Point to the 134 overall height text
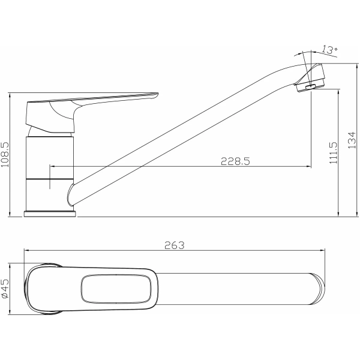(x=352, y=140)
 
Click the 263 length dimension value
(x=173, y=245)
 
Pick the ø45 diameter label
(x=5, y=289)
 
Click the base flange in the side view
(x=50, y=213)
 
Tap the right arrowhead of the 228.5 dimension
(x=308, y=166)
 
